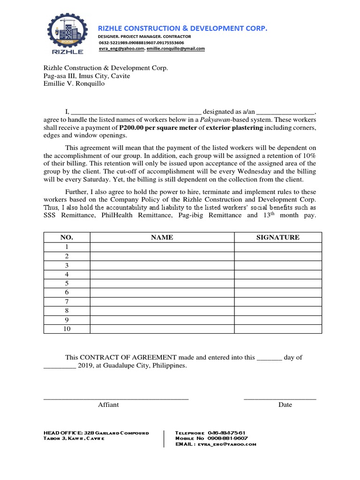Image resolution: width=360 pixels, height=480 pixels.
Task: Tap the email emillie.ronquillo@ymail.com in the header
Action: point(176,48)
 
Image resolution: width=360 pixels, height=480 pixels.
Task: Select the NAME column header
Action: point(162,238)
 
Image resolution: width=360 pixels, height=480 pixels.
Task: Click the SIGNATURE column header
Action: point(278,238)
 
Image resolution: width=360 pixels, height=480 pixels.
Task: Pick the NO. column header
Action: point(67,238)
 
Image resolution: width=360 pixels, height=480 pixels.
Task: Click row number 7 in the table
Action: point(67,301)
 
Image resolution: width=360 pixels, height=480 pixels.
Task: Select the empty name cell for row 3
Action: point(162,265)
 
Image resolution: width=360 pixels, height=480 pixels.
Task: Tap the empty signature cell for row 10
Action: point(278,329)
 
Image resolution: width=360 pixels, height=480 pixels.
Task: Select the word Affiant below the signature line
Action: point(108,405)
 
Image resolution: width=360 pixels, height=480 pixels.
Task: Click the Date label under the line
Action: point(285,405)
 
